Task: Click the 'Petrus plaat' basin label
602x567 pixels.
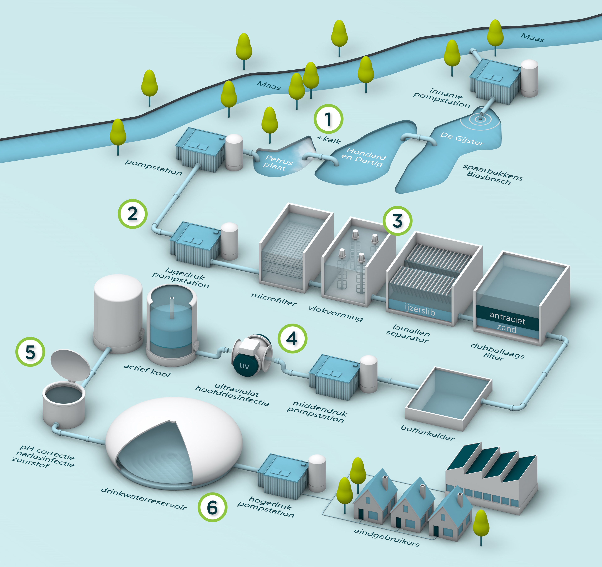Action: [277, 162]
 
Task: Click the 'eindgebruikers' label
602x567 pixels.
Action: [387, 537]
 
